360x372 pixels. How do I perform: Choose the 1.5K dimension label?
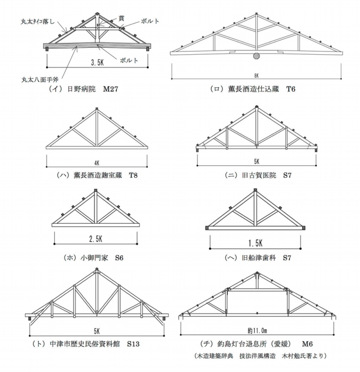pyautogui.click(x=256, y=243)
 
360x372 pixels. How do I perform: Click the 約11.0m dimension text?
pyautogui.click(x=256, y=329)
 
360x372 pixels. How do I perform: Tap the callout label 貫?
pyautogui.click(x=122, y=18)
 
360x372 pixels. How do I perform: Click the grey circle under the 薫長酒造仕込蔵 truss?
pyautogui.click(x=256, y=55)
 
